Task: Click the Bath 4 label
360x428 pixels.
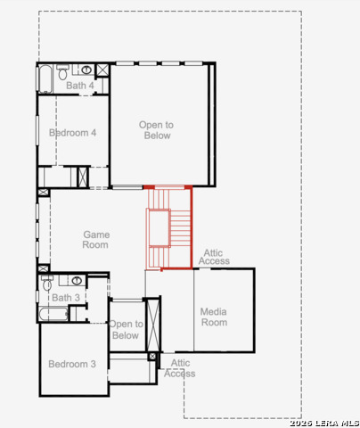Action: pos(80,86)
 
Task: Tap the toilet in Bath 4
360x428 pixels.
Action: pos(62,72)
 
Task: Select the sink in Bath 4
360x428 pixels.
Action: pos(86,70)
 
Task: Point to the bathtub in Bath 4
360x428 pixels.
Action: pos(45,78)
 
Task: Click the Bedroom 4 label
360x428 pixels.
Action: pos(72,133)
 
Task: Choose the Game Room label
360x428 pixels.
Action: pos(96,240)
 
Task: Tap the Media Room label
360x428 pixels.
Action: pos(214,317)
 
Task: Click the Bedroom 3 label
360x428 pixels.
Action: pos(72,364)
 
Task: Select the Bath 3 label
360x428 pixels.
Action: pos(66,298)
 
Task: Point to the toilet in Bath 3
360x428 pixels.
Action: pos(47,283)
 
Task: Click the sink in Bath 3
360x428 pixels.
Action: pos(77,280)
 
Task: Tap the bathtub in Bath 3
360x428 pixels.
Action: pos(53,314)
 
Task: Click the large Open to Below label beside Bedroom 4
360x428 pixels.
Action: pos(157,130)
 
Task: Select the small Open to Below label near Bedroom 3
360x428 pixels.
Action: pos(126,330)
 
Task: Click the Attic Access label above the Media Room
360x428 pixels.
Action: pos(214,257)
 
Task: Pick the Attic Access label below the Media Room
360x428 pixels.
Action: pos(180,368)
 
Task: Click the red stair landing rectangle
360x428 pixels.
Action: pos(160,228)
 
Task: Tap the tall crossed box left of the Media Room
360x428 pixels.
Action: pos(153,325)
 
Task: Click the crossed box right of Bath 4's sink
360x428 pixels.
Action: pos(102,70)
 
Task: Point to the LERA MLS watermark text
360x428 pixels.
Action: pos(324,424)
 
